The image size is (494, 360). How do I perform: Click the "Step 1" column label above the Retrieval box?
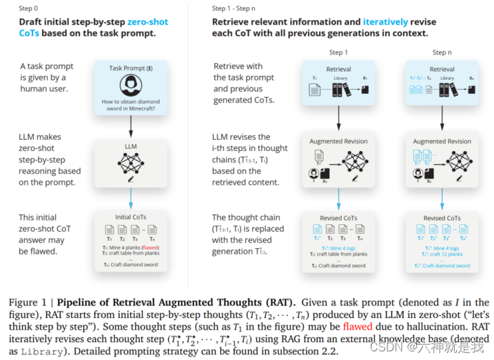(338, 53)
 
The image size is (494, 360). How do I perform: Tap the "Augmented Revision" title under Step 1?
(338, 141)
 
